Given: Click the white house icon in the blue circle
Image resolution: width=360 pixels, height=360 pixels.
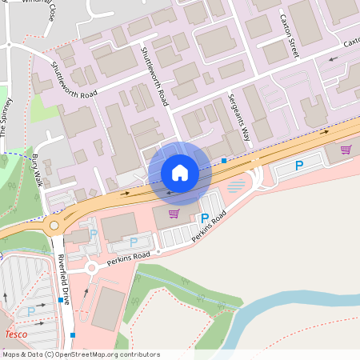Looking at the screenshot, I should click(180, 173).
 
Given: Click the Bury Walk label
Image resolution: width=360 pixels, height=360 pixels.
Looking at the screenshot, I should click(37, 169).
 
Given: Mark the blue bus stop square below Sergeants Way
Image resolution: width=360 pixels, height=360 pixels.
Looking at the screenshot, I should click(224, 161).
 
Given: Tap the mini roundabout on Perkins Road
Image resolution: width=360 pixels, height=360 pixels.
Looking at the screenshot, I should click(93, 267).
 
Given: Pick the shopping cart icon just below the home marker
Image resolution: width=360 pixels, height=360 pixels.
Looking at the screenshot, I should click(174, 213).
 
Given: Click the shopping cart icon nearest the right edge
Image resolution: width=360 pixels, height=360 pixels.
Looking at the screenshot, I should click(346, 149).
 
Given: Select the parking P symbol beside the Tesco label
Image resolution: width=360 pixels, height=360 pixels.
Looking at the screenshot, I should click(31, 310).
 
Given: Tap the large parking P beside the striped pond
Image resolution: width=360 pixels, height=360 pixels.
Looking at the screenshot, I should click(299, 166).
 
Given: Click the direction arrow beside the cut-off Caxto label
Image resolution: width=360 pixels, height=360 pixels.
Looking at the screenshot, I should click(332, 58).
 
